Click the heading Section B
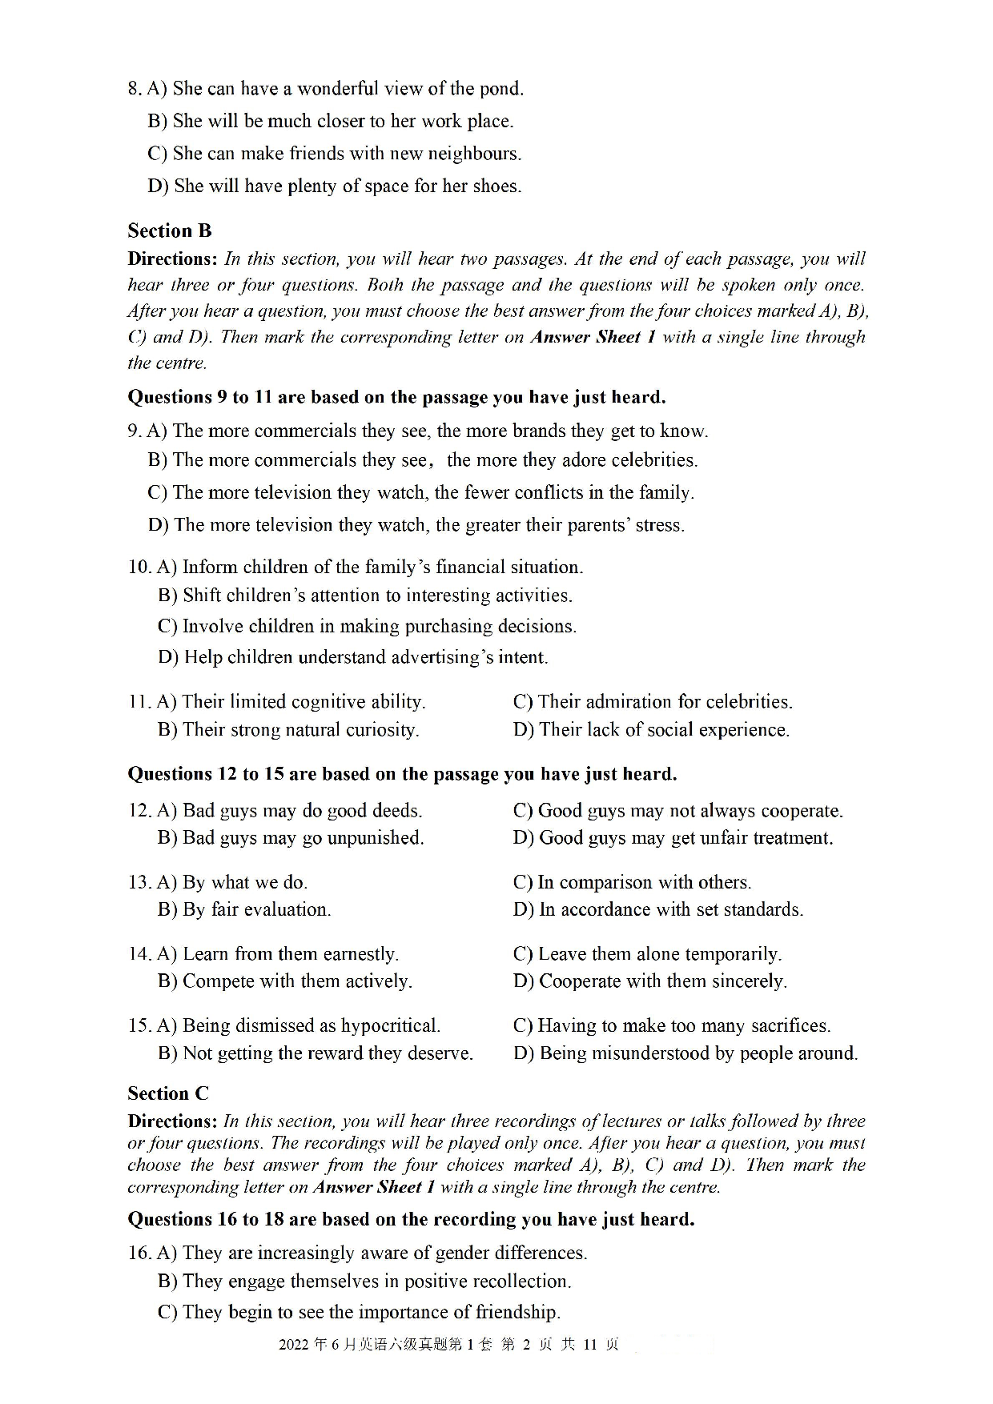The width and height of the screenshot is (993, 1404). click(x=169, y=231)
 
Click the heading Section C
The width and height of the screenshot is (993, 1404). click(x=167, y=1093)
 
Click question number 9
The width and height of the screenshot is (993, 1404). click(x=134, y=431)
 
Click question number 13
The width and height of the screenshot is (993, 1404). click(x=139, y=882)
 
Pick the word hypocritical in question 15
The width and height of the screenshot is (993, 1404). click(x=390, y=1026)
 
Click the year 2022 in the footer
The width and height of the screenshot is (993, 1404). click(x=293, y=1345)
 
